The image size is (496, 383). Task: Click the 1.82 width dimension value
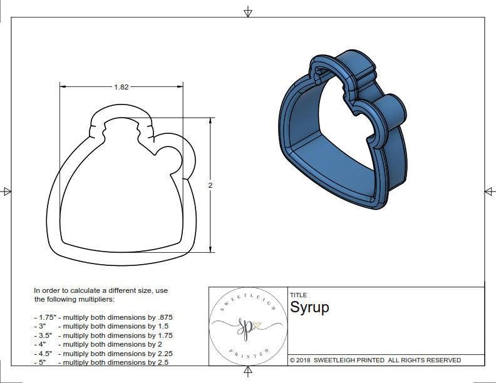121,87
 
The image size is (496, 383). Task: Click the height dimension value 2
210,185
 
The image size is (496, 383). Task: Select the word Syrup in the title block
309,307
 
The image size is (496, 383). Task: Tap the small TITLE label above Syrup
298,295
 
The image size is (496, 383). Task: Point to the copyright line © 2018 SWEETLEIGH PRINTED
375,360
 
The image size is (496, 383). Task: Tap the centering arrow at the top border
248,11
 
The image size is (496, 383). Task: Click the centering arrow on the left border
7,191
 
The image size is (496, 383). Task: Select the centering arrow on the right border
489,191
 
